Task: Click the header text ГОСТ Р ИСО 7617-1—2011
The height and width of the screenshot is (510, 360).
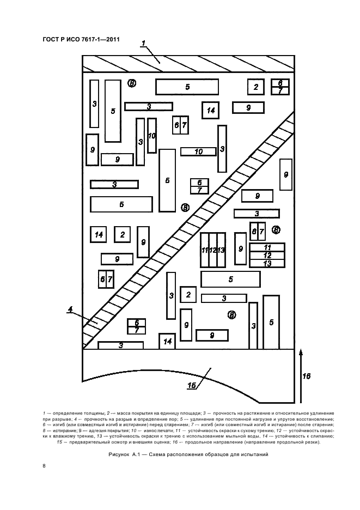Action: [81, 40]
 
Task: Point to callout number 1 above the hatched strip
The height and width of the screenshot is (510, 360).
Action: [143, 43]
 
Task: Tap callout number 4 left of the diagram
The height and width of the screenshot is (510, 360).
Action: [70, 309]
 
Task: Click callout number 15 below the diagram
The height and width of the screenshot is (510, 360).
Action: [192, 385]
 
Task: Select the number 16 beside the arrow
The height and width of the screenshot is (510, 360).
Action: [306, 376]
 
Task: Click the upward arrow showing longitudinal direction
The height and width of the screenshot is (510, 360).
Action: [301, 375]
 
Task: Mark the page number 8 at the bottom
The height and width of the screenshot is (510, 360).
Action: [44, 466]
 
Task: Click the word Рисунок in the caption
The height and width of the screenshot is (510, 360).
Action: [118, 454]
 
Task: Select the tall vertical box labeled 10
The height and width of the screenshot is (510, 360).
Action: [152, 136]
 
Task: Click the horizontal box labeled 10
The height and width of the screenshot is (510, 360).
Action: [198, 151]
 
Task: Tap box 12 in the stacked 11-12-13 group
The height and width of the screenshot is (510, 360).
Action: [267, 256]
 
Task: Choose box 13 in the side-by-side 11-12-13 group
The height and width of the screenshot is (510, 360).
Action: [221, 250]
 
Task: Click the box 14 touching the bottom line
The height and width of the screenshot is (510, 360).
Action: [167, 341]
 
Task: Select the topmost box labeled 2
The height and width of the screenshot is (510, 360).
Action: [255, 87]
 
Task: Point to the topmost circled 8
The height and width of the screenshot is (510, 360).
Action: [131, 83]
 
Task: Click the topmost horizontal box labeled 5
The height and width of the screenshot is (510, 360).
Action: [187, 87]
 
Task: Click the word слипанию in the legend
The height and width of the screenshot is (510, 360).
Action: [324, 436]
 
